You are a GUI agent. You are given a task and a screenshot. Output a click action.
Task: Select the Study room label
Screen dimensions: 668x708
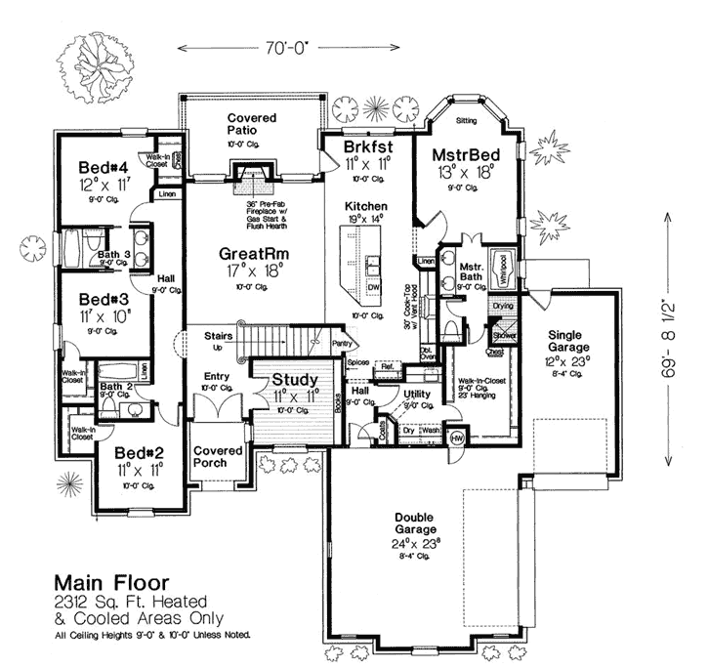(292, 380)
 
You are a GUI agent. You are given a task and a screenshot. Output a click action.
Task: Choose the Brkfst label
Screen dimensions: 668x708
(368, 147)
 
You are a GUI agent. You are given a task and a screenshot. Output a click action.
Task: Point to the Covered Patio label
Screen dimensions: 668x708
(252, 123)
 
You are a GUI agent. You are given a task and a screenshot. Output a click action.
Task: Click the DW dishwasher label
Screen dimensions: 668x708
(374, 289)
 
